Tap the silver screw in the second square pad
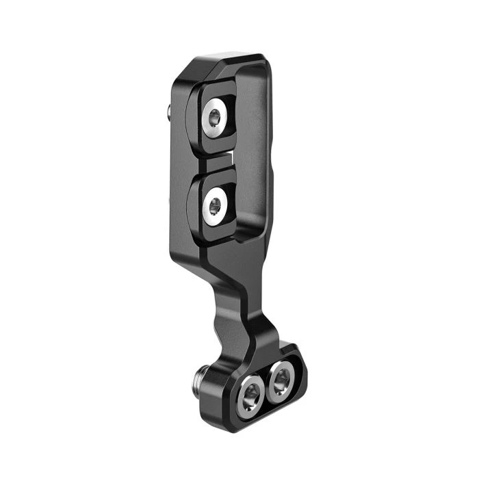pyautogui.click(x=216, y=203)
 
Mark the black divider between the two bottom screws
pyautogui.click(x=266, y=385)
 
